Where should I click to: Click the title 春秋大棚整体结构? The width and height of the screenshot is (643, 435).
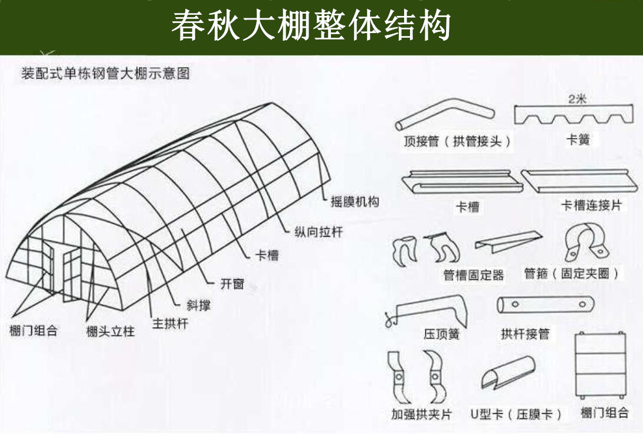click(311, 26)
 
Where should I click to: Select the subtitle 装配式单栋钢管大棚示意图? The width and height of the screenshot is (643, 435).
click(106, 74)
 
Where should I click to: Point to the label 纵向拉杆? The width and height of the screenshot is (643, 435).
click(318, 231)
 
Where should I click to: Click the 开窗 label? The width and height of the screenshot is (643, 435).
click(232, 283)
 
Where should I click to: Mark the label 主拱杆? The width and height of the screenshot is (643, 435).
click(170, 323)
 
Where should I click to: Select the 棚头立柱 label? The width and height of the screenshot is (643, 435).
click(110, 331)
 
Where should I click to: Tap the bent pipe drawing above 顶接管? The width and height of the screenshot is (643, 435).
click(444, 113)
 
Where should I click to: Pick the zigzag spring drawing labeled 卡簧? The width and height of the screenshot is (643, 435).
click(574, 116)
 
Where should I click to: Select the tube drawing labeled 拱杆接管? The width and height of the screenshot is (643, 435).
click(545, 305)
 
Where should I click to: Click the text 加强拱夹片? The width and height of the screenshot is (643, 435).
click(421, 414)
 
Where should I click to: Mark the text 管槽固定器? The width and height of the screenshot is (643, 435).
click(474, 275)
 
